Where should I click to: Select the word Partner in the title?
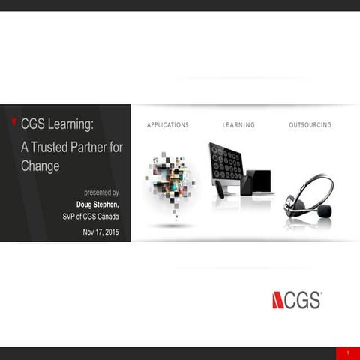pos(107,148)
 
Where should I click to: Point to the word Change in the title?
pos(40,166)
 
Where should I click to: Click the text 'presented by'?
pos(102,193)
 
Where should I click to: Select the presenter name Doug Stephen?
pos(98,203)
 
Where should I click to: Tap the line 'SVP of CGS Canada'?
pos(91,216)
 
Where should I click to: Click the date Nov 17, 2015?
pos(100,232)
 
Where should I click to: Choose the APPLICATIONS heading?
pos(168,124)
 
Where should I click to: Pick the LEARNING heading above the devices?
pos(238,124)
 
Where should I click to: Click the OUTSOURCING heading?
pos(310,124)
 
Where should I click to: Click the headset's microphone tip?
pos(324,212)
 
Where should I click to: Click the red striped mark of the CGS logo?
pos(278,300)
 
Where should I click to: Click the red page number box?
pos(347,352)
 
